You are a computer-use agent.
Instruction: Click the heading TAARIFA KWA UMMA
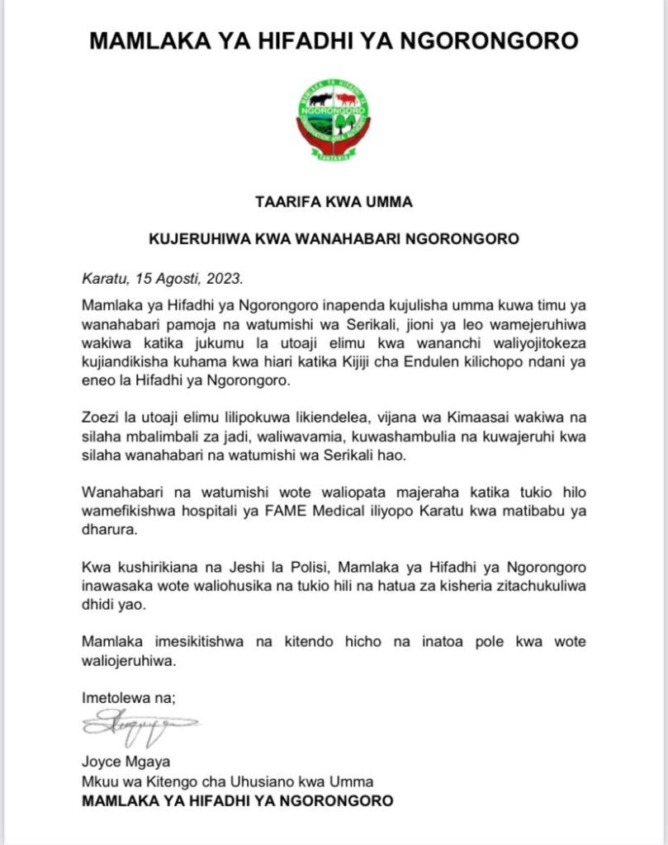333,201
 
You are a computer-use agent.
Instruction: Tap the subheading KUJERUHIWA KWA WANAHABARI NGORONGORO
333,239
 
